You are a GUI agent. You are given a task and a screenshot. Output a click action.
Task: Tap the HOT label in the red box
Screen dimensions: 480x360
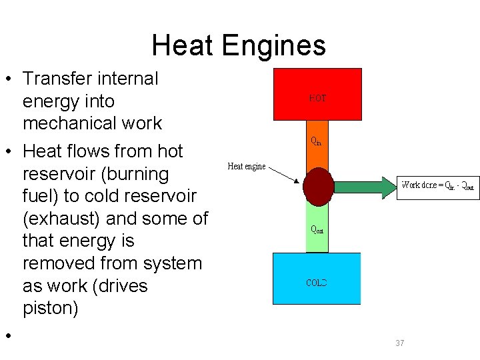coord(318,97)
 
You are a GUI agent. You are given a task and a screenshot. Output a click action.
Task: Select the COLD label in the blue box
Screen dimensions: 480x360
coord(317,282)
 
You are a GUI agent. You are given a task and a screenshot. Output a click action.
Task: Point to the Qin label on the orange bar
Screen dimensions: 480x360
coord(317,141)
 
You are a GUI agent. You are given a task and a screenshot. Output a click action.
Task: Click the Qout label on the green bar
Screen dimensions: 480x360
coord(317,229)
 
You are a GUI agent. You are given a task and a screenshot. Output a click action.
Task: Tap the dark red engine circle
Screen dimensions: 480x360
coord(317,186)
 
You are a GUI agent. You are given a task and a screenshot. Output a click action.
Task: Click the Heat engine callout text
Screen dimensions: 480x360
coord(247,167)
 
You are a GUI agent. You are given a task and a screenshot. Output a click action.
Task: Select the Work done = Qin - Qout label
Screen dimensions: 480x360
coord(438,185)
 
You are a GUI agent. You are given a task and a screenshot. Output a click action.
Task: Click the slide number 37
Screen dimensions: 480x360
coord(400,343)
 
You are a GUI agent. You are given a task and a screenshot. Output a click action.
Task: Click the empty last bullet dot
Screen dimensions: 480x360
coord(9,335)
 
